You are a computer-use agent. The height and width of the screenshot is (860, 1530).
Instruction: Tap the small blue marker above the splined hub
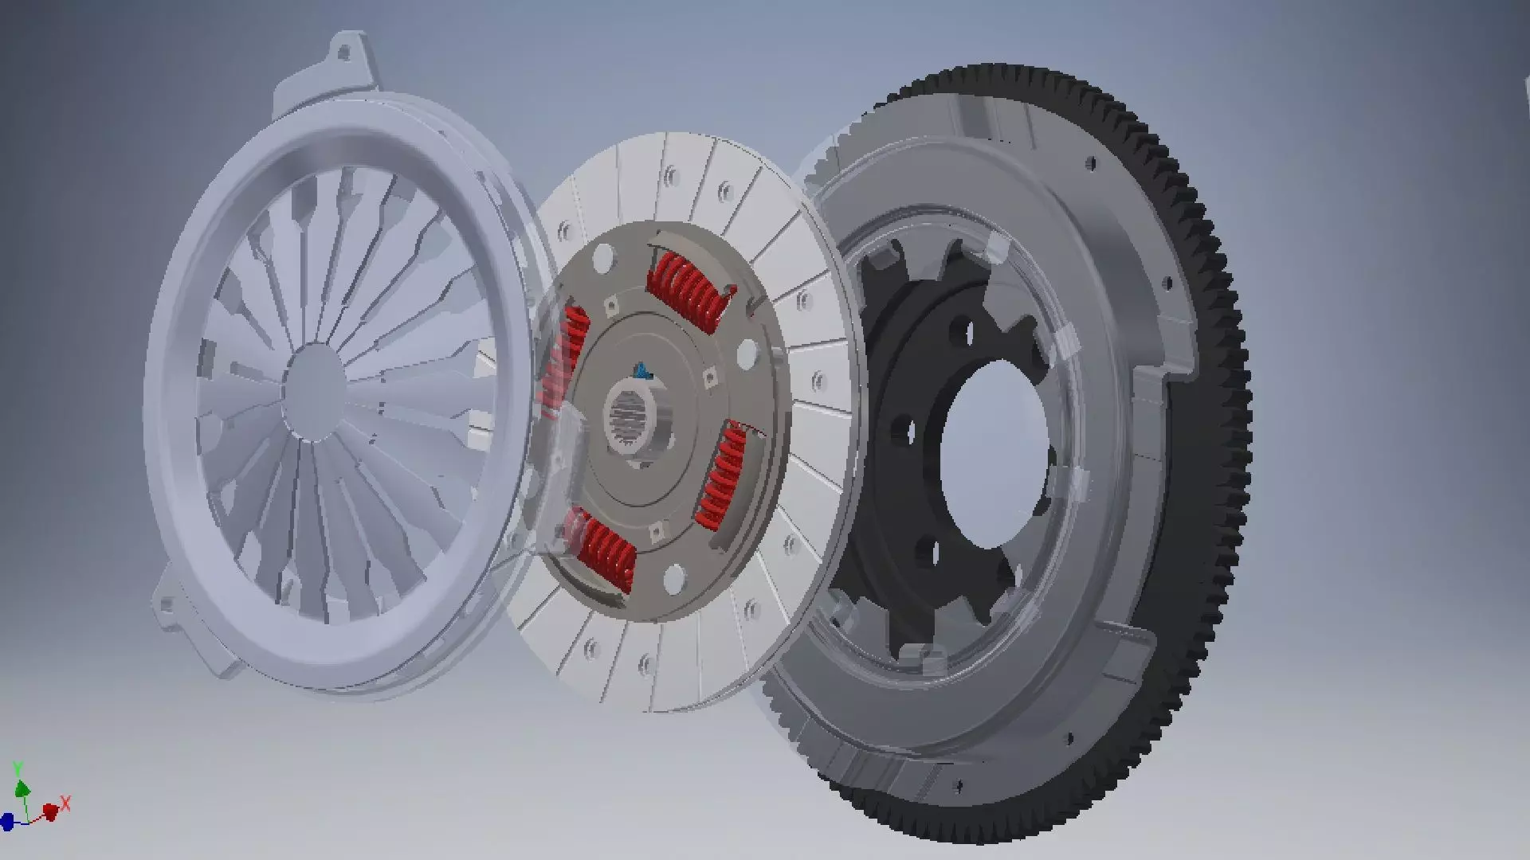pyautogui.click(x=640, y=369)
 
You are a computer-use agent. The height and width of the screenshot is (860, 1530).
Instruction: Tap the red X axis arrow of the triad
pyautogui.click(x=53, y=809)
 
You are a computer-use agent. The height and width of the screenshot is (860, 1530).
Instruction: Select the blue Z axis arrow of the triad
pyautogui.click(x=7, y=821)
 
